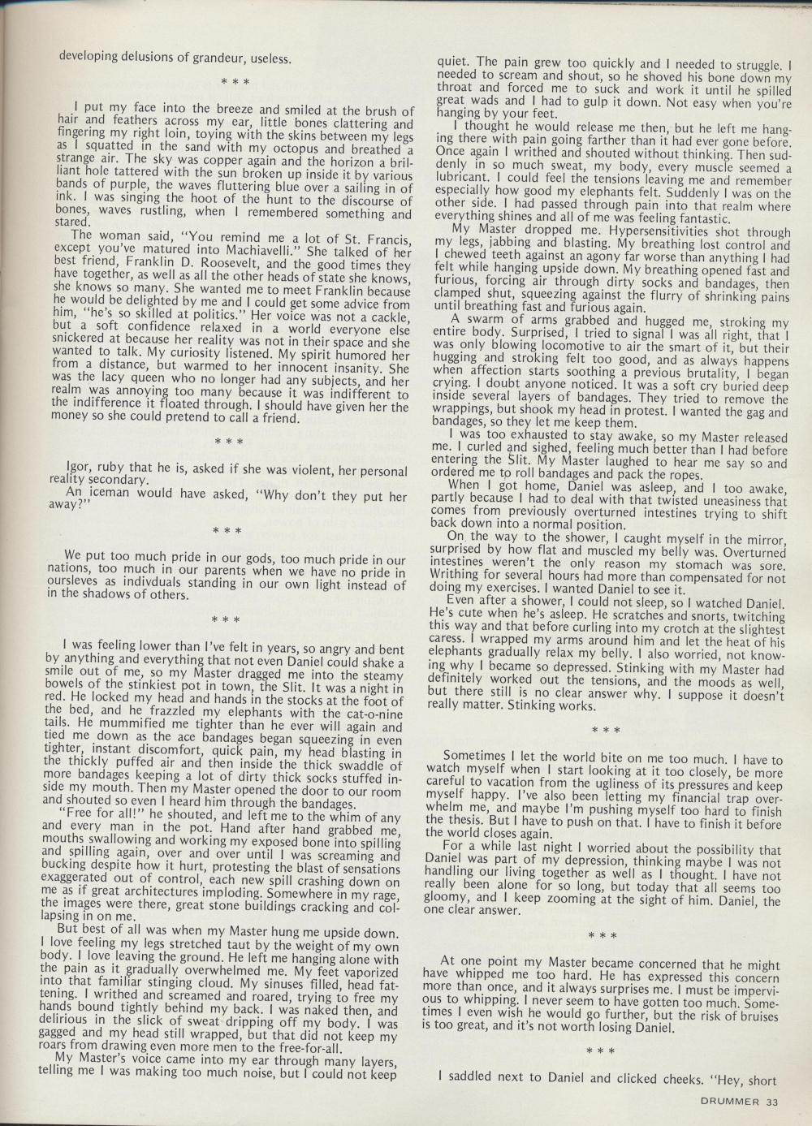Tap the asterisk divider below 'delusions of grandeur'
(x=236, y=81)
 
